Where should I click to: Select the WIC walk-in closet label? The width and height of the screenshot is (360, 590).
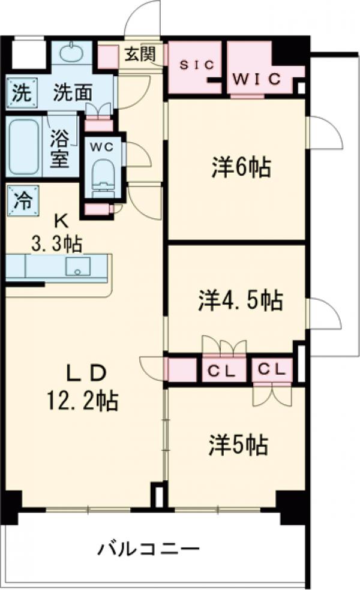click(257, 78)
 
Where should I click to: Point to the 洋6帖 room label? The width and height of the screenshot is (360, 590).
click(240, 168)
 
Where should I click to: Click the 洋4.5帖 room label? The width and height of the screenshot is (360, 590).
click(240, 301)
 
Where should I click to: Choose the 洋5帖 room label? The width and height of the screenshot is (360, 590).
click(238, 444)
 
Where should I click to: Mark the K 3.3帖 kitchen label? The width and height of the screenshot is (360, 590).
click(58, 233)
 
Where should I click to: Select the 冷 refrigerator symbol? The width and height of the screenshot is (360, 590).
click(20, 198)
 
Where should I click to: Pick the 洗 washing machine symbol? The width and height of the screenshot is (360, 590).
click(21, 94)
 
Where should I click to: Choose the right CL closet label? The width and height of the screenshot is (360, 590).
click(271, 369)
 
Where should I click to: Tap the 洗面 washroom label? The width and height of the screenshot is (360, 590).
click(73, 94)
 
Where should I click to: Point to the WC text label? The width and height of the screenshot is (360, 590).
click(98, 145)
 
